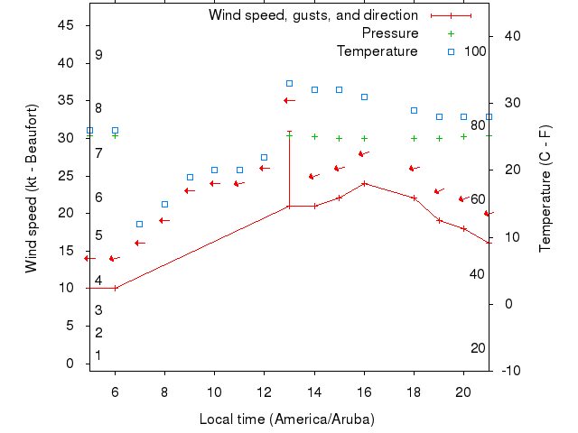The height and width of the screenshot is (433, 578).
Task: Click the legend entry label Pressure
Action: coord(390,33)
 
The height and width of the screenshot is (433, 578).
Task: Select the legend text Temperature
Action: coord(378,51)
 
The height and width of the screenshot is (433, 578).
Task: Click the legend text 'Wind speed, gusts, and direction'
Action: coord(313,15)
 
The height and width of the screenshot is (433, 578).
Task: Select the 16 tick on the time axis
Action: coord(364,392)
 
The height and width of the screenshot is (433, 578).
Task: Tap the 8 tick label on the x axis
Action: coord(165,392)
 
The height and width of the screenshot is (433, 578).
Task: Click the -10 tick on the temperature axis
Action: coord(508,371)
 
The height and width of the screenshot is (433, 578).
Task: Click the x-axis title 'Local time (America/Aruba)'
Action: coord(287,419)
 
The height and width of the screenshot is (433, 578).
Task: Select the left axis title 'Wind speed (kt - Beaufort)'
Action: coord(33,188)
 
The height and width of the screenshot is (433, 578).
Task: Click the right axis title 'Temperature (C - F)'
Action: coord(545,188)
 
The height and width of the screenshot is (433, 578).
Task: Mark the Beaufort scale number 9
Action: coord(98,55)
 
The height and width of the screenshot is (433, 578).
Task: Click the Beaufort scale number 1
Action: coord(98,355)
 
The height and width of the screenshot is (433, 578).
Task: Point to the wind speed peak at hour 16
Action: coord(364,183)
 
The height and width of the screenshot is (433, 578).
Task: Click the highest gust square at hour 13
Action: coord(289,83)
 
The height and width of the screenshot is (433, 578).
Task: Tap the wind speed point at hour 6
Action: coord(115,288)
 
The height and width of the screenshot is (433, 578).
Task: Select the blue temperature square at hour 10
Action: coord(214,170)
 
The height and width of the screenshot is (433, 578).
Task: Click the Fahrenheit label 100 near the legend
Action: coord(475,51)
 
